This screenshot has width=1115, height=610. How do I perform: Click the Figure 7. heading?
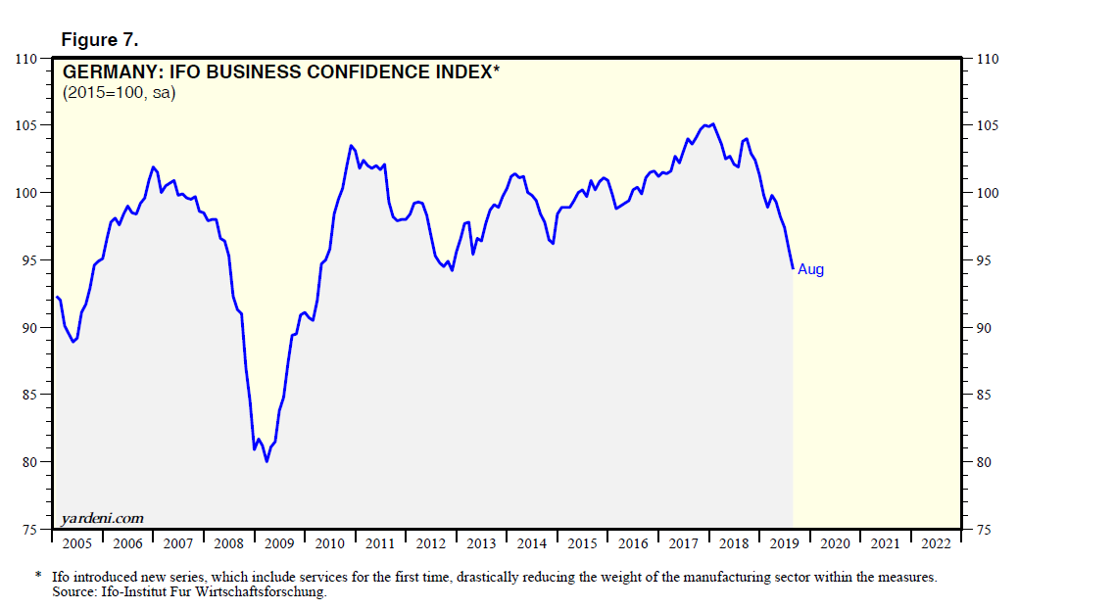click(x=100, y=39)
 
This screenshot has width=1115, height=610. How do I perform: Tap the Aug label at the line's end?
click(x=811, y=269)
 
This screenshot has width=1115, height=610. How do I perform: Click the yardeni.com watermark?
click(x=103, y=518)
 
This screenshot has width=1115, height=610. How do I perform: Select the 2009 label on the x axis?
click(x=279, y=543)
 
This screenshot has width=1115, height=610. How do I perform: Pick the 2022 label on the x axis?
click(x=936, y=543)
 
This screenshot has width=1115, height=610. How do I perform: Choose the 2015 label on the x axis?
click(x=582, y=543)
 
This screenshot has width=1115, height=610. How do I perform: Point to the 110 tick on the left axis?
click(x=27, y=60)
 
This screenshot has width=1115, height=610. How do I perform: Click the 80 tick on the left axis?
click(x=32, y=462)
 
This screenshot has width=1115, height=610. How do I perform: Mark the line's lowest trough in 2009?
click(x=267, y=461)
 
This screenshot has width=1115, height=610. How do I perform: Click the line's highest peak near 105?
click(x=712, y=123)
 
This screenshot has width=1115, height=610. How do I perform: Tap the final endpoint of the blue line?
click(x=793, y=268)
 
